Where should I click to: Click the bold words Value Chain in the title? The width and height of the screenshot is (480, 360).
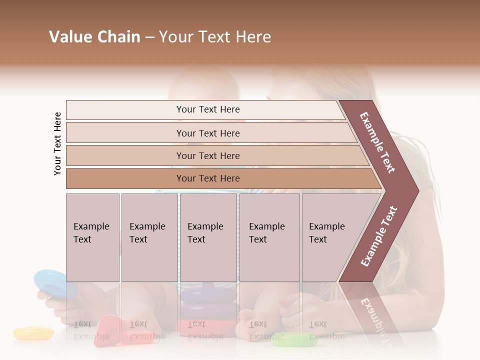[94, 37]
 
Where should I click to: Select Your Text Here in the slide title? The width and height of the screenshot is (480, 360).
[215, 37]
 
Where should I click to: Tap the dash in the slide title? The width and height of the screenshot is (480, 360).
[149, 37]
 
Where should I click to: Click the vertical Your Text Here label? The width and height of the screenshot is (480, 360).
[57, 143]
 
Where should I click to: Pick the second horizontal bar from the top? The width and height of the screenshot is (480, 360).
[207, 133]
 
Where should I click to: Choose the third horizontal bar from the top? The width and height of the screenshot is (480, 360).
[207, 155]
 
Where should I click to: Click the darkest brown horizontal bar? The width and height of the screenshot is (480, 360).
[207, 178]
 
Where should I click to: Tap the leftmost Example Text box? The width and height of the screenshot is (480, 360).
[92, 237]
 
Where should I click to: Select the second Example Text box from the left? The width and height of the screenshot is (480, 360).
[149, 237]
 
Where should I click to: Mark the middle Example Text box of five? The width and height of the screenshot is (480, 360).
[208, 237]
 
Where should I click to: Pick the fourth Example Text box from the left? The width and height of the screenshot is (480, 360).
[269, 237]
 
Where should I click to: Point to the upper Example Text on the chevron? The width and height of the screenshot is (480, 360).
[377, 142]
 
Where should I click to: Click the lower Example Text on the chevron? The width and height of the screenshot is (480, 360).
[379, 236]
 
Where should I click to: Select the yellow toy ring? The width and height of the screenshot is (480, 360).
[33, 332]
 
